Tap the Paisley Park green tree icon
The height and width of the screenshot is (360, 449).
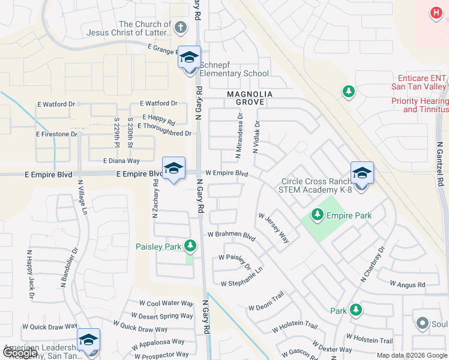[x=190, y=245]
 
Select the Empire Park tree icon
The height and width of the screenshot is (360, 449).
[x=316, y=214]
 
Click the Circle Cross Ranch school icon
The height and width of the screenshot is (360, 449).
[x=362, y=174]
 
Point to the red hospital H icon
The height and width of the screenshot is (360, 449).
[x=436, y=12]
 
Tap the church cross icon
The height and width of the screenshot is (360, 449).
[x=181, y=26]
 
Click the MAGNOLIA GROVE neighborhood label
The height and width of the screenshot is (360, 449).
[x=250, y=99]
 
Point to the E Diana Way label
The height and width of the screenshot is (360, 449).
[x=121, y=161]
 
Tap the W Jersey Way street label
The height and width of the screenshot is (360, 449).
[x=274, y=228]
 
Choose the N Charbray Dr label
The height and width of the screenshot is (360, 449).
[x=372, y=265]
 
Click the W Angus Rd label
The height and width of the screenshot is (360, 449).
[x=407, y=284]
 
